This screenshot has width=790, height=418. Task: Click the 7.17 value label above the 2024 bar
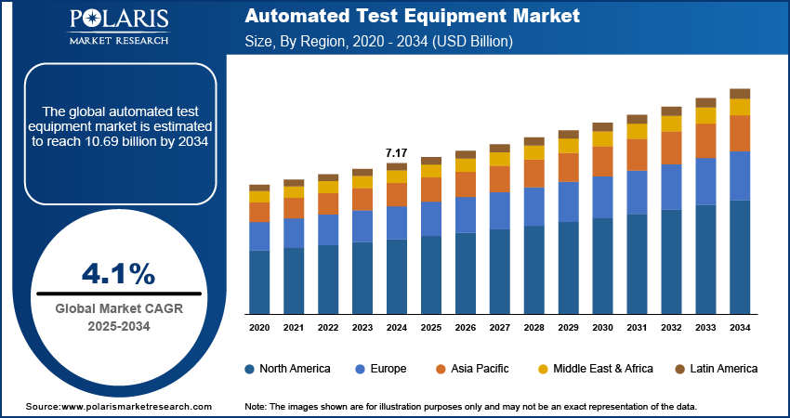pos(397,152)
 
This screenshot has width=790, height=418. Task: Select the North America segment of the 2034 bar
pos(740,257)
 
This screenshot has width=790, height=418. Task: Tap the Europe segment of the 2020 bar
pos(259,236)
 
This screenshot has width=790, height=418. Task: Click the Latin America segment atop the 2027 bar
pos(500,148)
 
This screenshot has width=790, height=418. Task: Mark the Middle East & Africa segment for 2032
pos(671,124)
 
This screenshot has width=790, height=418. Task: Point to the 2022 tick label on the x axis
pos(328,328)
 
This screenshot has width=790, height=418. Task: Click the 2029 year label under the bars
pos(568,328)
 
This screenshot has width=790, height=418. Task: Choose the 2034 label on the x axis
pos(740,328)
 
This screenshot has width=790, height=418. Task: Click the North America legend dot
pos(250,369)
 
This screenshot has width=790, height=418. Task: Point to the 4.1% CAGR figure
pos(118,273)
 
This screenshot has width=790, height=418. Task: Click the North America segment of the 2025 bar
pos(431,275)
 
